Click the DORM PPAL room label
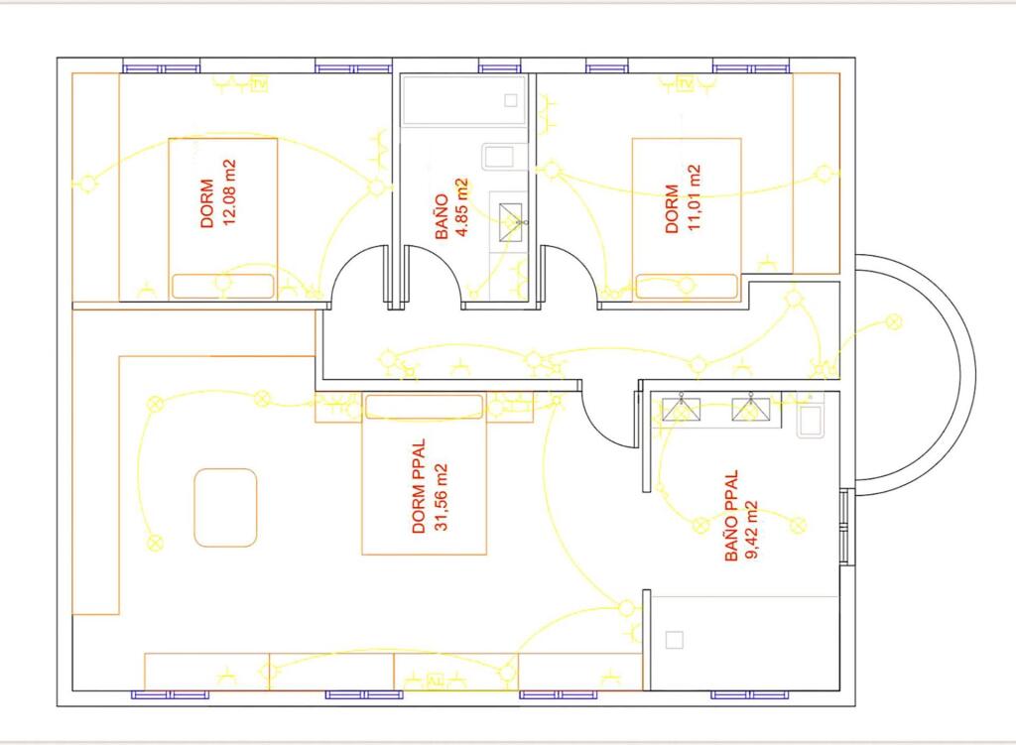419,486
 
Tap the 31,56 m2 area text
441,497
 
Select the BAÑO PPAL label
731,516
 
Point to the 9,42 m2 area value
753,530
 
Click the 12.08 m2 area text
229,192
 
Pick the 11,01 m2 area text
694,197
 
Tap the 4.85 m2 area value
461,208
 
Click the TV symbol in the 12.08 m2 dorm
259,84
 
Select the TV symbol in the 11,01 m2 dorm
685,84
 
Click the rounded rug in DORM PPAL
225,508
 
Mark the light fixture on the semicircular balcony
894,321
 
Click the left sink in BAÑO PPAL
681,410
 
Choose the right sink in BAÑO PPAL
751,410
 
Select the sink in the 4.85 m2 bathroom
511,222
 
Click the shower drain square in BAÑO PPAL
675,640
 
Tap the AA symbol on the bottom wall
436,681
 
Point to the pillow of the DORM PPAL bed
424,406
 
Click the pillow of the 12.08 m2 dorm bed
222,286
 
